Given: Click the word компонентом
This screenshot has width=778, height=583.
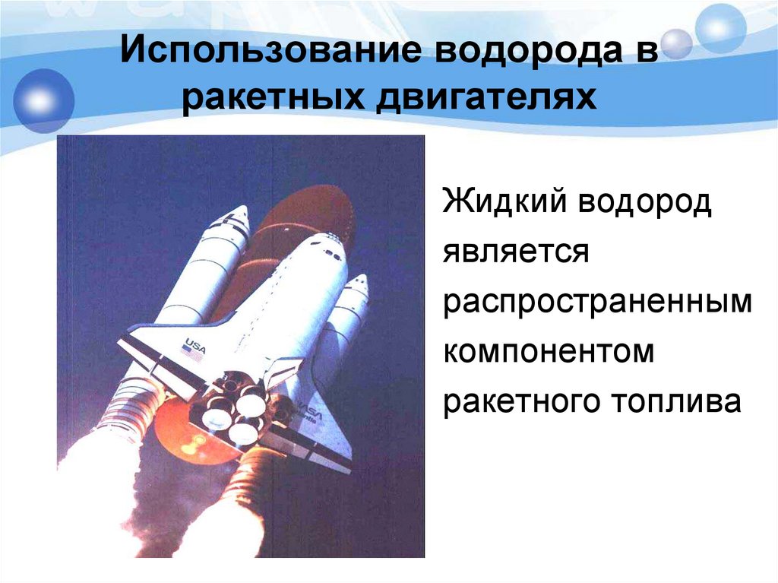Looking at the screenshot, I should point(549,352).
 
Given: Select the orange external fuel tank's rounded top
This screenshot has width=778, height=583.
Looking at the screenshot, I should point(319,205).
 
